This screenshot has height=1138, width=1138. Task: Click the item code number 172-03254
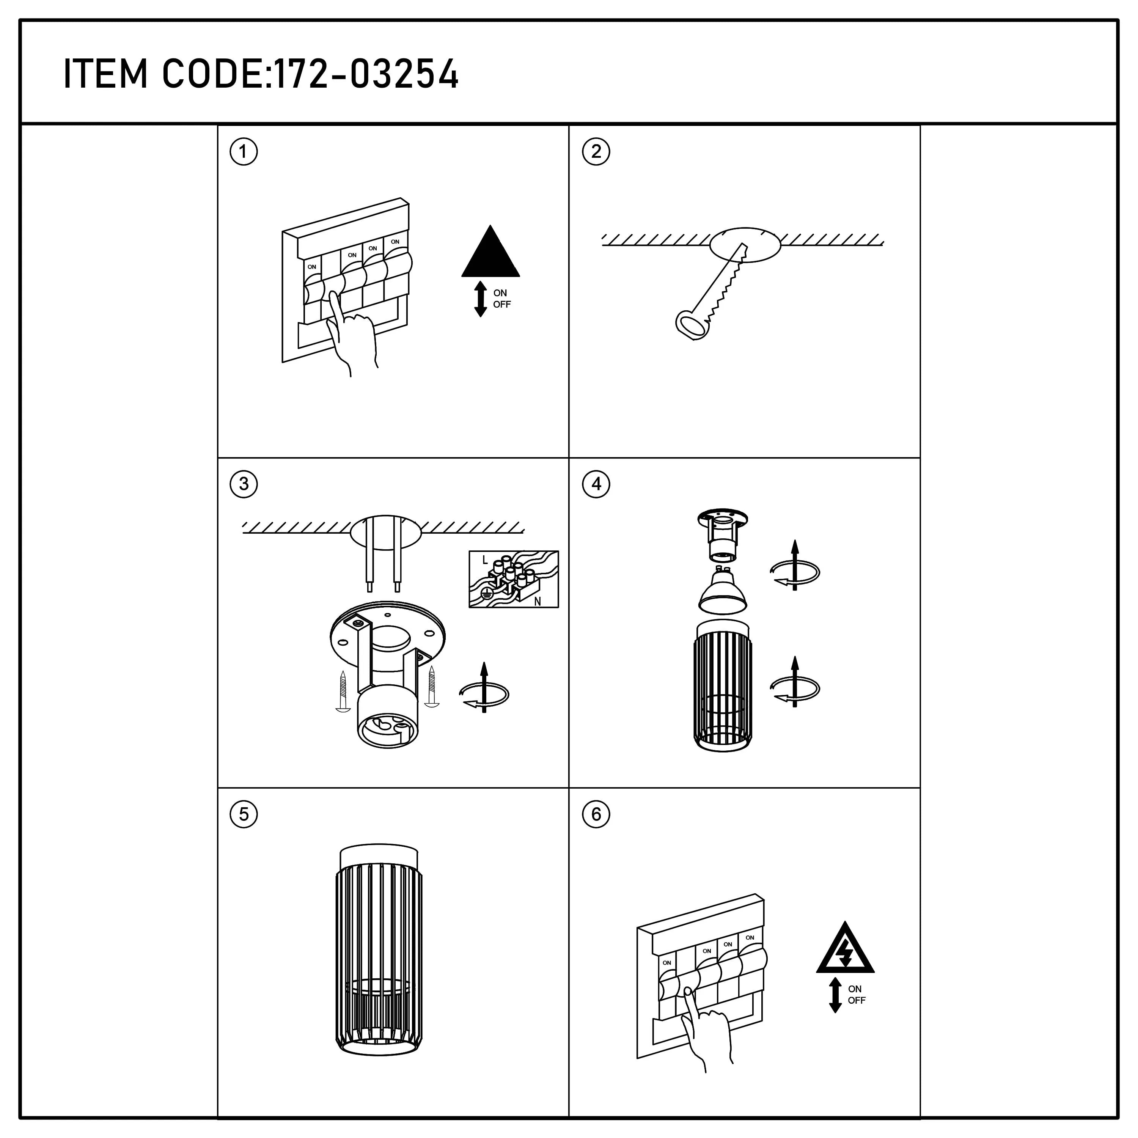(366, 74)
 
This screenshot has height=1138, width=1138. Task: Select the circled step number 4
(596, 484)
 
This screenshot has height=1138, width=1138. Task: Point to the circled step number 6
(596, 815)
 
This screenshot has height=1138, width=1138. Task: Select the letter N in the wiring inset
(537, 601)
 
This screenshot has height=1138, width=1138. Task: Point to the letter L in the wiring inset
(484, 560)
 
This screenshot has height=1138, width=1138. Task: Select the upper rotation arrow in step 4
(795, 567)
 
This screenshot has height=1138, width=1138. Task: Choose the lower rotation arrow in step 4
(795, 683)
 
